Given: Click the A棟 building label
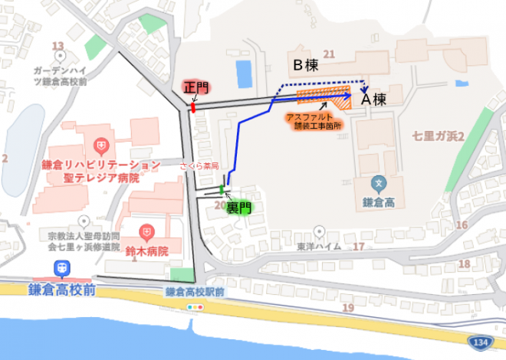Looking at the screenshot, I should pyautogui.click(x=376, y=99).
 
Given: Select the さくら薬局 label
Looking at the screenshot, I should pyautogui.click(x=199, y=165).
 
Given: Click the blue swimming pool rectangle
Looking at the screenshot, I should pyautogui.click(x=244, y=74).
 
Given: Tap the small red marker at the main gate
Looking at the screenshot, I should pyautogui.click(x=193, y=107).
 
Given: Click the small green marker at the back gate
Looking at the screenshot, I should pyautogui.click(x=222, y=189).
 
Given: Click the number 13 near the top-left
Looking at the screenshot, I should pyautogui.click(x=58, y=47).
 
